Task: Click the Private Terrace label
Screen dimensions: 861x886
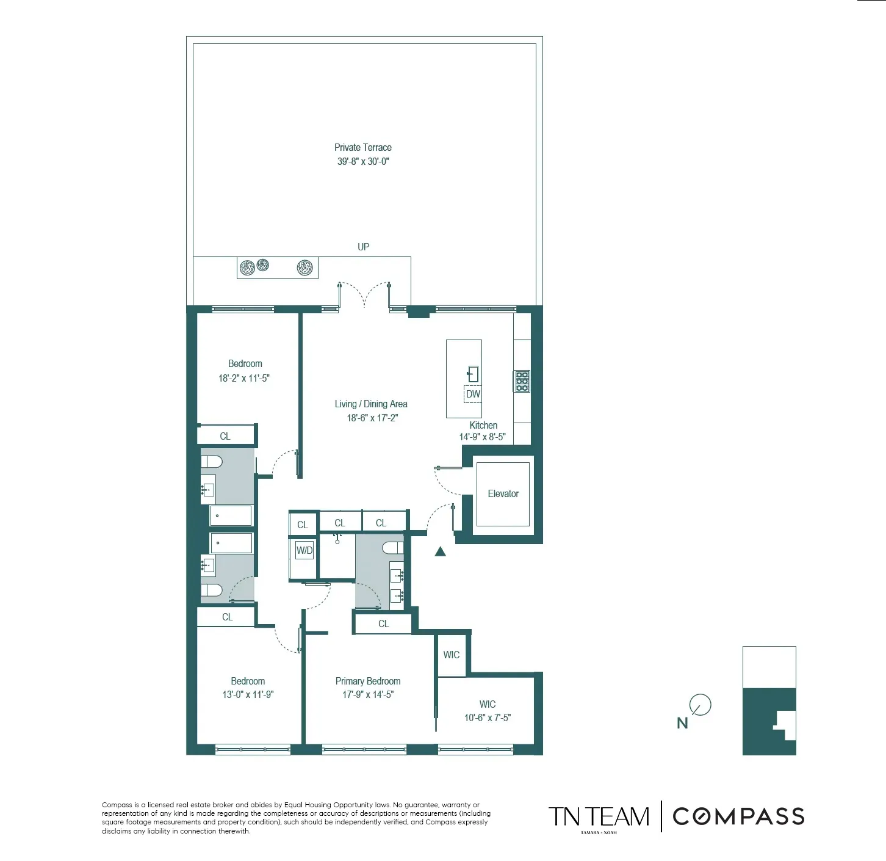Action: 362,147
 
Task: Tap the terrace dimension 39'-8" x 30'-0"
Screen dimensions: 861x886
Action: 362,161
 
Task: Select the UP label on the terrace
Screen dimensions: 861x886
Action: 363,247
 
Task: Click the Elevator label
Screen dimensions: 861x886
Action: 503,493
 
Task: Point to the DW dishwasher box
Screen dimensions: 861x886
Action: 473,394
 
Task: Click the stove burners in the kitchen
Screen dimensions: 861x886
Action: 522,381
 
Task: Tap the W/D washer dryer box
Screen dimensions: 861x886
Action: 304,550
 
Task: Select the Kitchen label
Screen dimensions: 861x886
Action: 483,425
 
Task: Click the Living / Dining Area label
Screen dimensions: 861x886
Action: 370,404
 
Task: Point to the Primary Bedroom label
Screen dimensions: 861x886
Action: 367,681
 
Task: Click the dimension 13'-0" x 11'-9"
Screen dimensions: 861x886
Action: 248,694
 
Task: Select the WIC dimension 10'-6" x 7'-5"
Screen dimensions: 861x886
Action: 487,718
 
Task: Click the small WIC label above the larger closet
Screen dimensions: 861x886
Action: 451,655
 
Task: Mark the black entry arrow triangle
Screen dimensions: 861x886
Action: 440,552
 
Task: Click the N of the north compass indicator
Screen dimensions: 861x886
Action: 682,723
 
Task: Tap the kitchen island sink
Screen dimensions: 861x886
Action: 473,373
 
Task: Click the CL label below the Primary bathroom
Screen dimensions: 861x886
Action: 383,623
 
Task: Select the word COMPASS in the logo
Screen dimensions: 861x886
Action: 738,816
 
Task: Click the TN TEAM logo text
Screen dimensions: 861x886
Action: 599,816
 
